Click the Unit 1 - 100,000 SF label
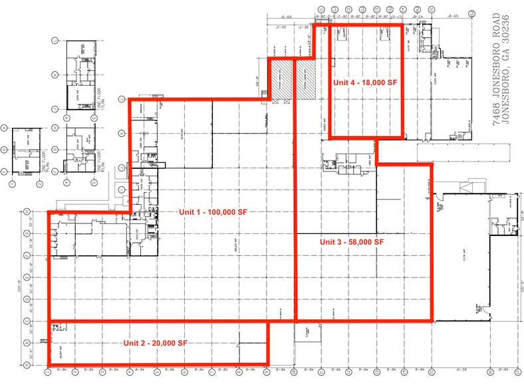coord(213,211)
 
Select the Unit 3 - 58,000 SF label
coord(352,242)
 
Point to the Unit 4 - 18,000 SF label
coord(365,82)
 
